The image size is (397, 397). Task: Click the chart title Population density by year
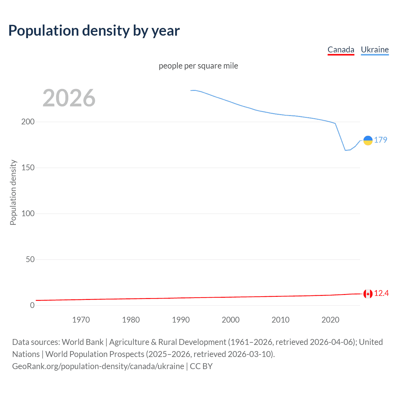[x=94, y=31]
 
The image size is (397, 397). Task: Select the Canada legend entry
[x=341, y=50]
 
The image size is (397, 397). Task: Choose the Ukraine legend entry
[x=375, y=50]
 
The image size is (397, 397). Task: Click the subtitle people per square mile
[x=198, y=66]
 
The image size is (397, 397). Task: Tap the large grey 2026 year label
[x=69, y=98]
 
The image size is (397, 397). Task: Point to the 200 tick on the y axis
[x=28, y=122]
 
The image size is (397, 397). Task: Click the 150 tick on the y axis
[x=28, y=167]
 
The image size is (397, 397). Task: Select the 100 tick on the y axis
[x=28, y=213]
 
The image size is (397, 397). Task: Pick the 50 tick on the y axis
[x=30, y=259]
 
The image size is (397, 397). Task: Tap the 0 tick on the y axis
[x=32, y=305]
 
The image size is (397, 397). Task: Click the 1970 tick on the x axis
[x=81, y=320]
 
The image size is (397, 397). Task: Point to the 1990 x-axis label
[x=181, y=320]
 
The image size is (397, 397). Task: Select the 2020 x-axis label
[x=330, y=320]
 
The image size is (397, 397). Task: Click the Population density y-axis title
[x=13, y=192]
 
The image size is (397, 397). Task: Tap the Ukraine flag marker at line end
[x=368, y=141]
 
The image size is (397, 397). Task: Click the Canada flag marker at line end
[x=368, y=294]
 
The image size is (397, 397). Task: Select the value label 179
[x=381, y=140]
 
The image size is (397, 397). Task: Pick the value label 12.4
[x=381, y=293]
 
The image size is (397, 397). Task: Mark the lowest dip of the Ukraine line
[x=346, y=150]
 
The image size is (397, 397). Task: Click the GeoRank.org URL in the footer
[x=98, y=366]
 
